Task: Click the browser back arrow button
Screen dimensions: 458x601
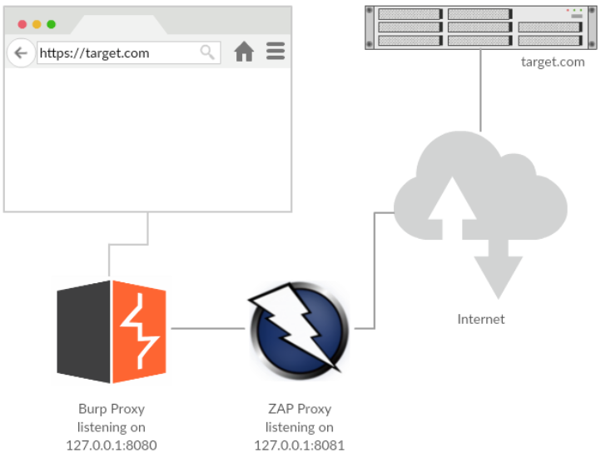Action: [21, 52]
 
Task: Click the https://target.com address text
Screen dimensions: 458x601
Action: [95, 52]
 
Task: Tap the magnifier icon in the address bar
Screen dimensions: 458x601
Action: [207, 52]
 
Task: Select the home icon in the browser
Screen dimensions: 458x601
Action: [244, 52]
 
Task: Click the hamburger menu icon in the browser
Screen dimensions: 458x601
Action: [276, 52]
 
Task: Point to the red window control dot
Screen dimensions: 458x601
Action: [22, 24]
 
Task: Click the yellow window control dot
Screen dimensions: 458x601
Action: [37, 24]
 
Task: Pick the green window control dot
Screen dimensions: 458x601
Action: [51, 24]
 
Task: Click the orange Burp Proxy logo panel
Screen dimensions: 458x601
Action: [139, 331]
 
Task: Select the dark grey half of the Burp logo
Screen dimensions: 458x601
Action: [84, 332]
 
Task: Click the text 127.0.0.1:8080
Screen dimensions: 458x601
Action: [112, 445]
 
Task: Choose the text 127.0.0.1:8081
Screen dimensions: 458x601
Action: [300, 445]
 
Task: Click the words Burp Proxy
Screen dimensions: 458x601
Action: [112, 409]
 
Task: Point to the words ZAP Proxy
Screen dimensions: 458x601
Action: [300, 409]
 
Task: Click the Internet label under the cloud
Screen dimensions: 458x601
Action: [480, 319]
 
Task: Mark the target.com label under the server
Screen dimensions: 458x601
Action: [553, 62]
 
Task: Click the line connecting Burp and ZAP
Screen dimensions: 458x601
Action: [208, 329]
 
